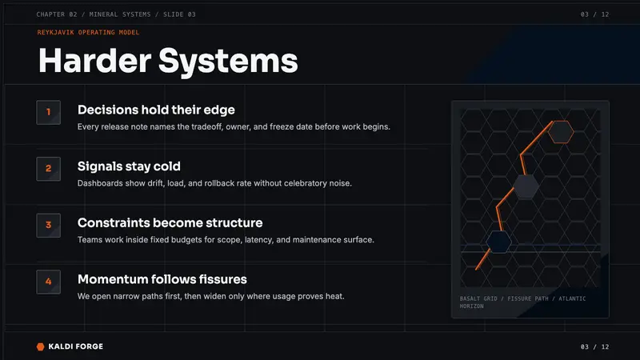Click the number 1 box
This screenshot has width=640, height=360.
[x=49, y=112]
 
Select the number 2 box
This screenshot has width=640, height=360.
[x=49, y=169]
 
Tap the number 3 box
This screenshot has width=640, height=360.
[x=49, y=226]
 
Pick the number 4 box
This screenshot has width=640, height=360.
[x=49, y=282]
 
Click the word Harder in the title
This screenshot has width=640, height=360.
[x=94, y=61]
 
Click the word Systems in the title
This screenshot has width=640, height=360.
[x=228, y=62]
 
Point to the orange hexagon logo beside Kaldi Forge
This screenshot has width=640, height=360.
[x=41, y=346]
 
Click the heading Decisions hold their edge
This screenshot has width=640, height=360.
[x=156, y=110]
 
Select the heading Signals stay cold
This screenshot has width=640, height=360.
[x=129, y=166]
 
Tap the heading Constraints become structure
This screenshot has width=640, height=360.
[x=170, y=223]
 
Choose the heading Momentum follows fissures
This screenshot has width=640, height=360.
[x=162, y=279]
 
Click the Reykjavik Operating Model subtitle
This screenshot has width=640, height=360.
[x=88, y=32]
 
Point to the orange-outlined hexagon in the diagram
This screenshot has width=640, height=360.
[x=561, y=132]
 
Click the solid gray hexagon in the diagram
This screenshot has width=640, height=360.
[x=526, y=186]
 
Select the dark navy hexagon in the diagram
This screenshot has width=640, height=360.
[x=498, y=242]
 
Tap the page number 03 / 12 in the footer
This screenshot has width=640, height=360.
[x=594, y=346]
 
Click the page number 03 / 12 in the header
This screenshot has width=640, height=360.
[x=594, y=14]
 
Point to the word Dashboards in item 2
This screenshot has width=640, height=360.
[x=100, y=183]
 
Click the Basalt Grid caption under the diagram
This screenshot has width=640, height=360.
[x=523, y=302]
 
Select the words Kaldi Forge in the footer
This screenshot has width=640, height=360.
[x=75, y=346]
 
